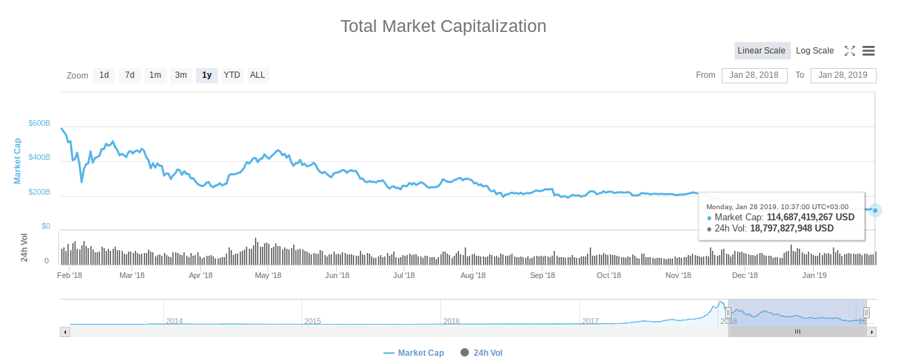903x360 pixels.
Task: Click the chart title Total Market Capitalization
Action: (443, 26)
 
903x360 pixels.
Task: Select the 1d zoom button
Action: (104, 75)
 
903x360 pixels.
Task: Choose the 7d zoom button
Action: (130, 75)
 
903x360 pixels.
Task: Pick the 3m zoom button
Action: (181, 75)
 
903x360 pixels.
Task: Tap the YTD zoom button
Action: (232, 75)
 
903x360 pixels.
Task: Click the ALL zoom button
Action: (258, 75)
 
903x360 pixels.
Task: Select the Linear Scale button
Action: (761, 51)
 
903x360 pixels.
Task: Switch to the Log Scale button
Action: (815, 51)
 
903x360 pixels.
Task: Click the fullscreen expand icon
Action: (850, 51)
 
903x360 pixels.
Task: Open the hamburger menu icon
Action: (868, 51)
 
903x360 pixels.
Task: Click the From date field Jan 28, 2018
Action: (754, 75)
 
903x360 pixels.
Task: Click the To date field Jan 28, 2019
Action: (843, 75)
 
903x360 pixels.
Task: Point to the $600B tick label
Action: (40, 123)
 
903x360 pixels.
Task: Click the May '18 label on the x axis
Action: (268, 275)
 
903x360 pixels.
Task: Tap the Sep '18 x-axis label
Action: (542, 275)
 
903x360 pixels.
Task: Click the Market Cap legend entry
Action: (414, 353)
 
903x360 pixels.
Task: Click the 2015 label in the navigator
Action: (313, 321)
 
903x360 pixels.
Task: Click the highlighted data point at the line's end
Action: (875, 210)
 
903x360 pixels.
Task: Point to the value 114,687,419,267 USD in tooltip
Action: (810, 217)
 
